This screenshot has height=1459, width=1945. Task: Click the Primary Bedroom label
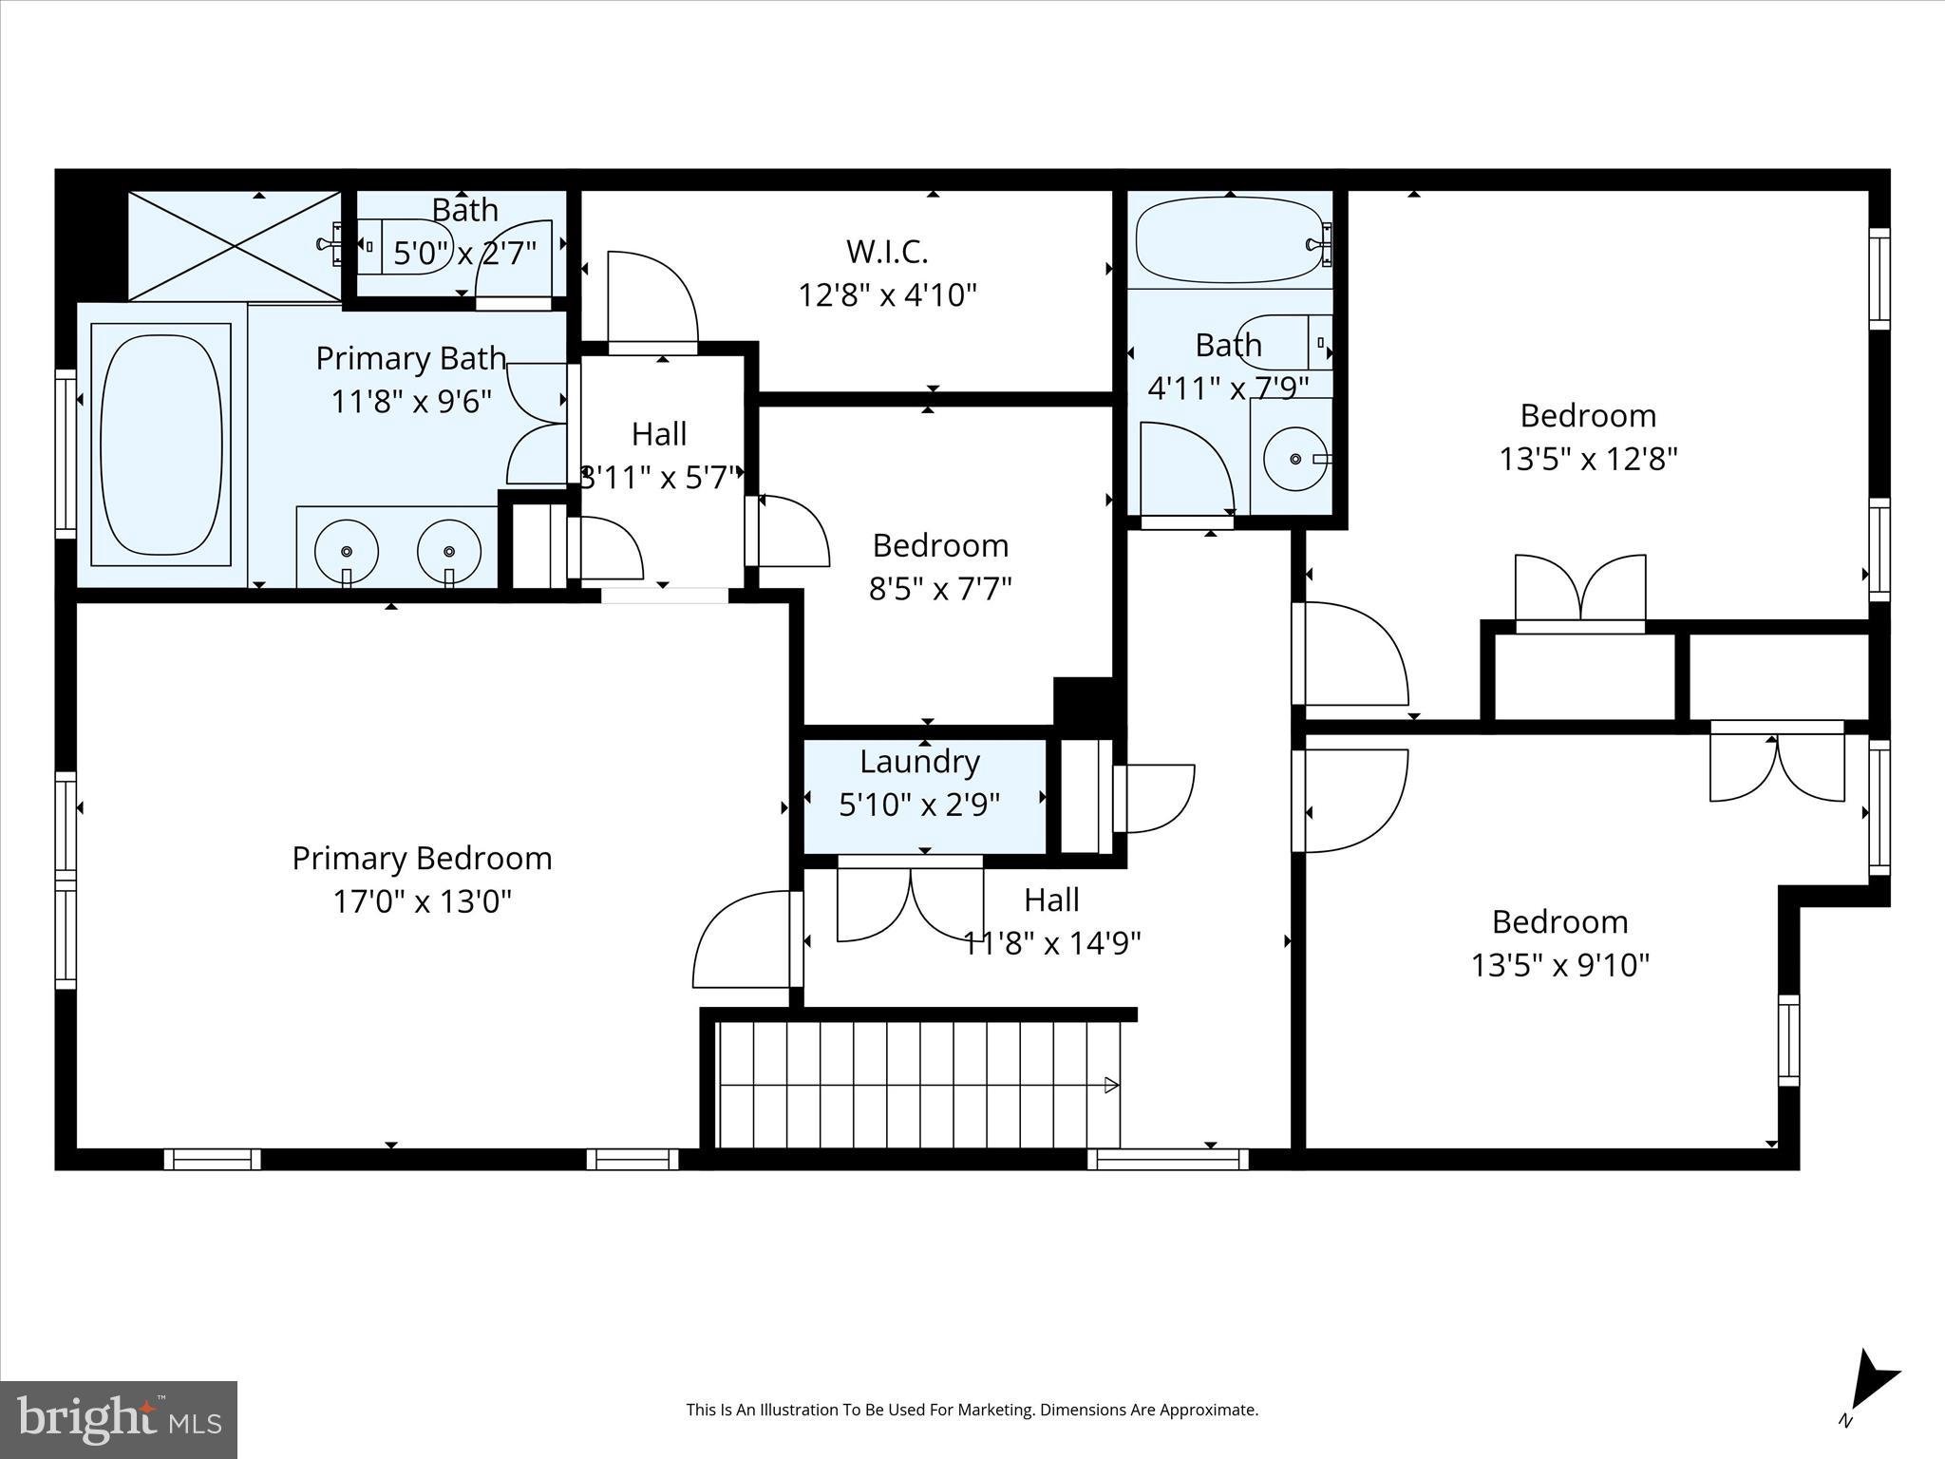tap(422, 859)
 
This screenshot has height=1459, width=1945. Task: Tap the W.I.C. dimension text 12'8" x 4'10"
tap(887, 295)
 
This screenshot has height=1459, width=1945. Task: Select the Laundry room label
tap(919, 762)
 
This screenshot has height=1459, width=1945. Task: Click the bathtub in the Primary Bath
tap(161, 444)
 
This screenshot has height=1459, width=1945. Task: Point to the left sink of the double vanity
tap(347, 551)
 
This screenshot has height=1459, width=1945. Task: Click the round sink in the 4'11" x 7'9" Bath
tap(1295, 459)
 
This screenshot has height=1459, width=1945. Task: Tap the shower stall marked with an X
tap(234, 246)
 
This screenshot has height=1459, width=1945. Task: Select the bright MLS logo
tap(119, 1419)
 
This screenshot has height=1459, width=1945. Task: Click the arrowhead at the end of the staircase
tap(1111, 1085)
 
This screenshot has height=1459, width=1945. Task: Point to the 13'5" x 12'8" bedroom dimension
tap(1588, 460)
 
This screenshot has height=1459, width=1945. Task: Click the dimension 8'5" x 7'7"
tap(940, 590)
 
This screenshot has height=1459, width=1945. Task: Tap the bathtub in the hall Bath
tap(1229, 240)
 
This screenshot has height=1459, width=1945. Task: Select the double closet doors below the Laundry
tap(910, 902)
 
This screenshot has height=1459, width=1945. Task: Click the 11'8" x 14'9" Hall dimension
tap(1051, 944)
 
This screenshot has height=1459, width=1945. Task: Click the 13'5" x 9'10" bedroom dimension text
tap(1559, 966)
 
